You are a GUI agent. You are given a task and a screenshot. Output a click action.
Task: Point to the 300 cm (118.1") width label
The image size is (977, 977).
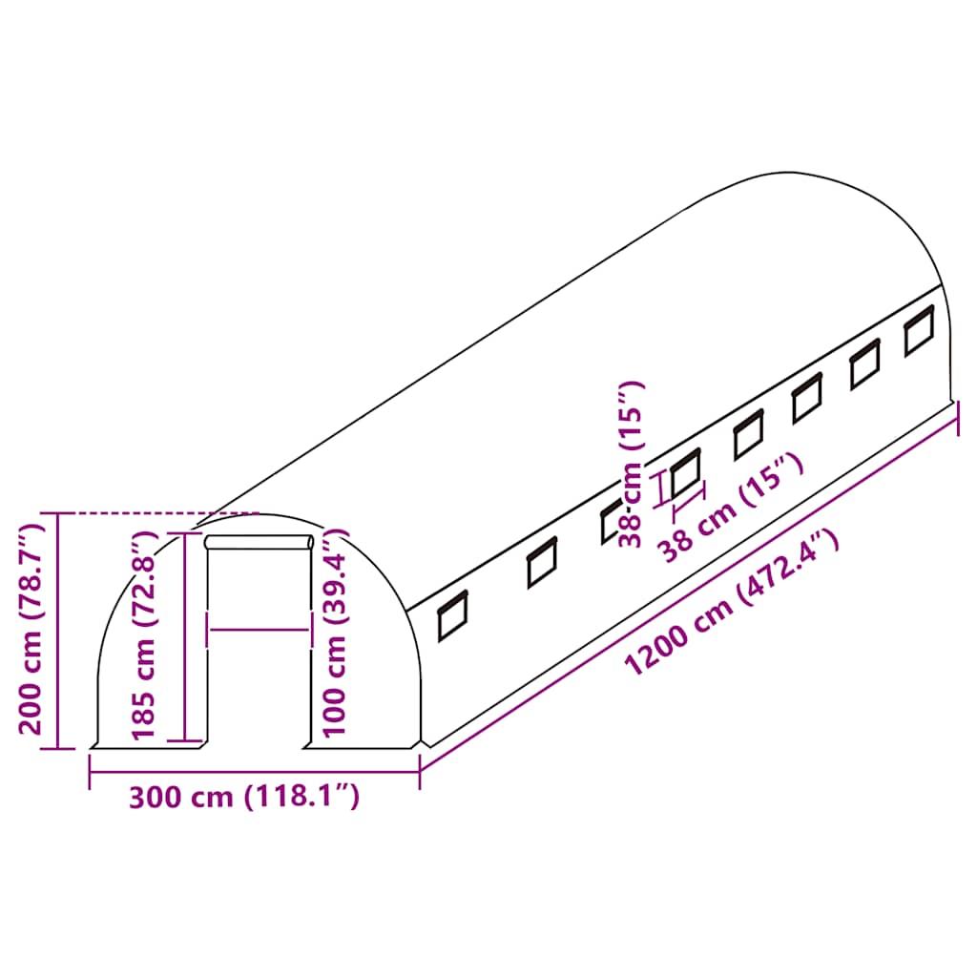click(244, 797)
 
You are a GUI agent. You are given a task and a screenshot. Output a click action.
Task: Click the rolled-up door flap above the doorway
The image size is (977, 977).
click(260, 542)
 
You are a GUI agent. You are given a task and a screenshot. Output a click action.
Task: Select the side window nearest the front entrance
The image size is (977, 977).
click(452, 615)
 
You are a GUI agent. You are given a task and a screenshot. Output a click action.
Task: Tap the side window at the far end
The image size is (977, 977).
click(919, 331)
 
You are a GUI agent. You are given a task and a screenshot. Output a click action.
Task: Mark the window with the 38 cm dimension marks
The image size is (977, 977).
click(685, 473)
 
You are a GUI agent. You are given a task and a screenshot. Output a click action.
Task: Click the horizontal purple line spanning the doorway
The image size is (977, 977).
click(259, 629)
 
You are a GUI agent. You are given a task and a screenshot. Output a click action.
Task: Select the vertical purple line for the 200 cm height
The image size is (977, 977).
click(58, 630)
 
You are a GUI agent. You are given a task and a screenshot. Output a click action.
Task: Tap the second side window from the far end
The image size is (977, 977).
click(864, 364)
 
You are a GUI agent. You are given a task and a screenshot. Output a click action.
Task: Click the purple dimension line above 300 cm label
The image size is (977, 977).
click(254, 769)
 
